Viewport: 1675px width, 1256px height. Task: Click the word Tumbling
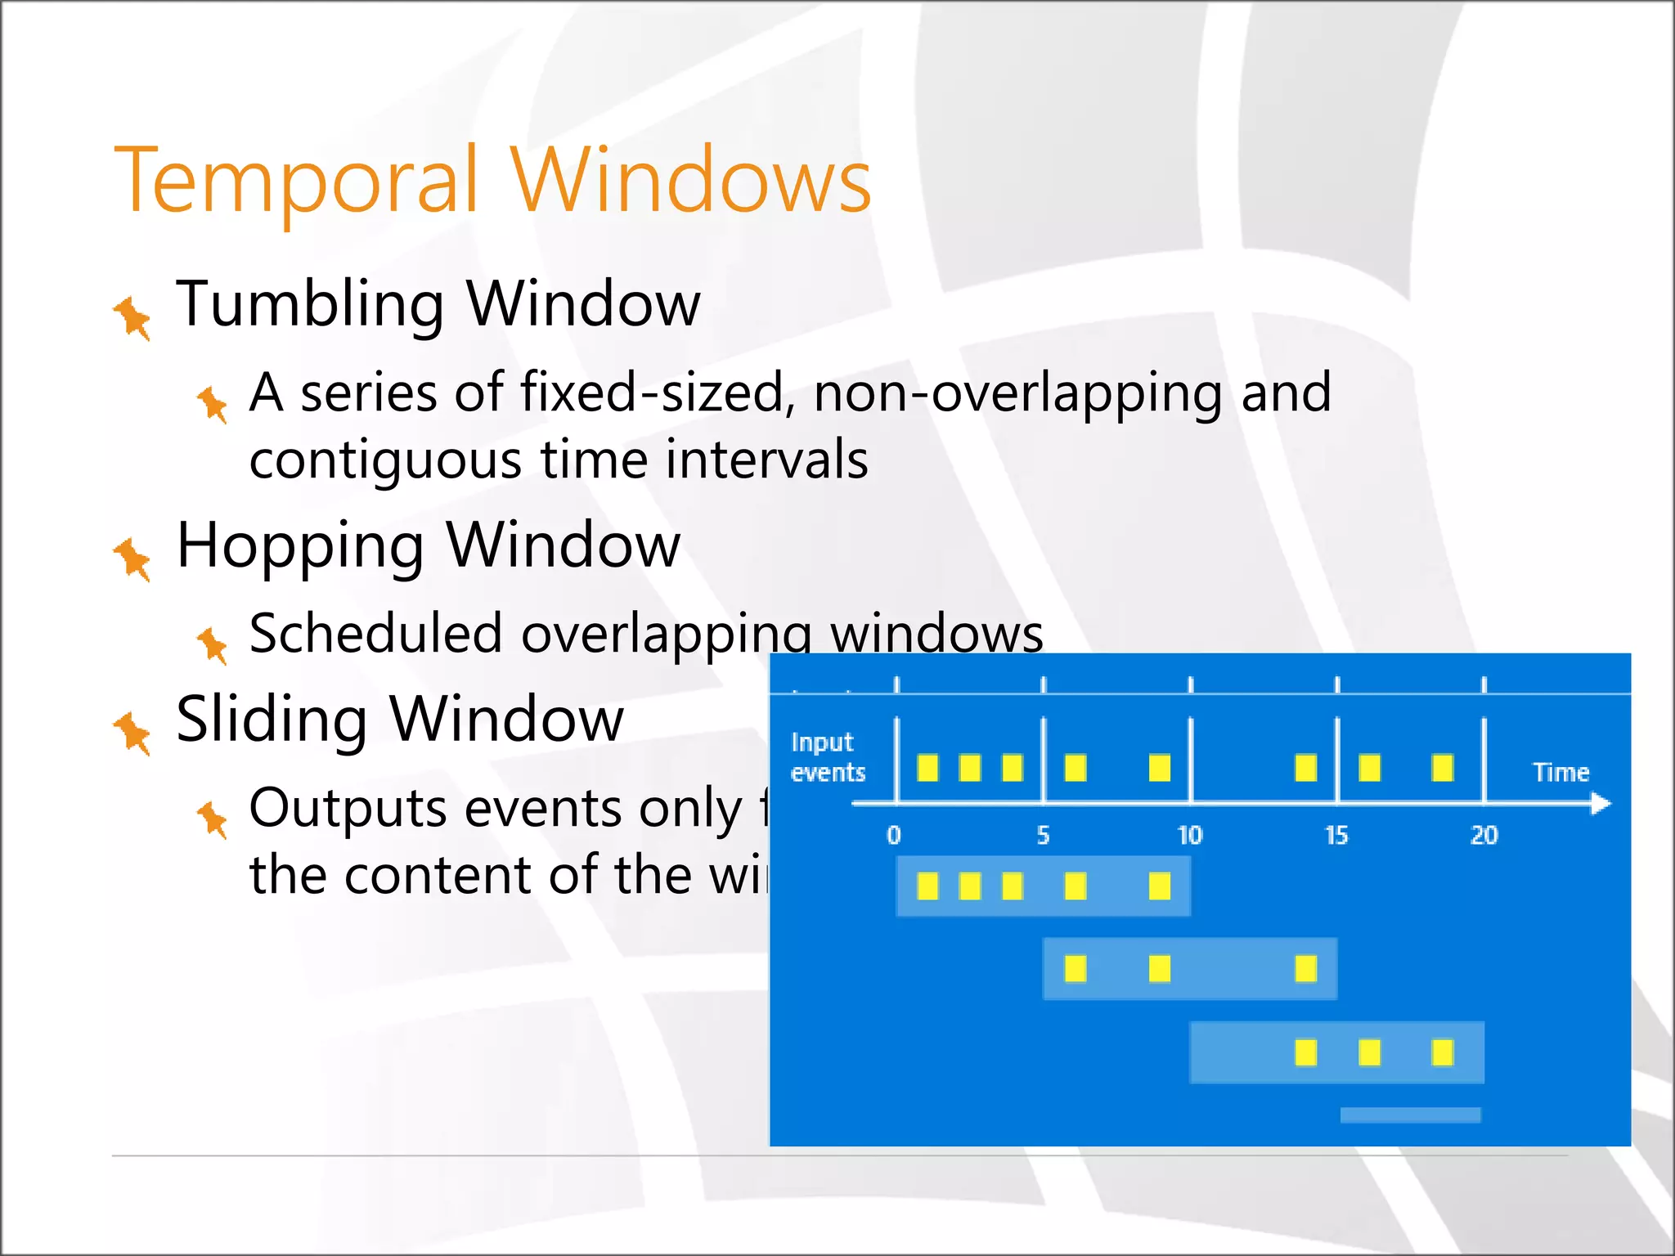click(x=310, y=304)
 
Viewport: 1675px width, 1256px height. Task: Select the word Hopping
click(x=300, y=546)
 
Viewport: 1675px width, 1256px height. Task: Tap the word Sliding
click(x=271, y=720)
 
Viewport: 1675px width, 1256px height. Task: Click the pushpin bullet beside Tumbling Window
click(x=132, y=317)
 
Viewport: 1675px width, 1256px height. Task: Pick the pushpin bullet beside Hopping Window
click(x=132, y=559)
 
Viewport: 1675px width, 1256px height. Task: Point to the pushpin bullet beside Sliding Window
click(x=132, y=733)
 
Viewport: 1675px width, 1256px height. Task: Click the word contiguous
click(x=384, y=461)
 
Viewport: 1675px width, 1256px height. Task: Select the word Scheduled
click(x=375, y=634)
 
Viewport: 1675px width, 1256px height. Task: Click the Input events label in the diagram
click(x=826, y=757)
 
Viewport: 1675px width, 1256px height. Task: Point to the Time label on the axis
click(x=1560, y=773)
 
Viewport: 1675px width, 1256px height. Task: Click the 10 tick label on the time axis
click(x=1189, y=835)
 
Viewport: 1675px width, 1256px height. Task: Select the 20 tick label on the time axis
click(x=1484, y=835)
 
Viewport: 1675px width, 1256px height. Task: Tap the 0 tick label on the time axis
click(x=894, y=835)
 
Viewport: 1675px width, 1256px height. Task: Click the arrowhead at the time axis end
click(x=1601, y=805)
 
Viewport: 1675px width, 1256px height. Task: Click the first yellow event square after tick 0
click(x=927, y=768)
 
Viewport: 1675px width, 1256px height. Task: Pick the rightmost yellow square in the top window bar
click(x=1159, y=886)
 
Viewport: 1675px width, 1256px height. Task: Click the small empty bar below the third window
click(x=1410, y=1115)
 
